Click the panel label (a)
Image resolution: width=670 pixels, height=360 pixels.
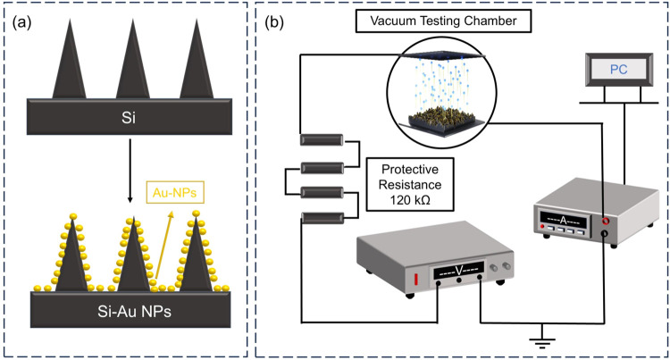pos(22,22)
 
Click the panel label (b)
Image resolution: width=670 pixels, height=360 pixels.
pos(274,22)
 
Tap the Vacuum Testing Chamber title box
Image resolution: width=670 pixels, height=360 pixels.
pos(443,21)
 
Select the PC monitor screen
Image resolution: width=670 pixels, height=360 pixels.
pos(618,69)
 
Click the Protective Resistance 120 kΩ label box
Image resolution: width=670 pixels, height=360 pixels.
pos(410,185)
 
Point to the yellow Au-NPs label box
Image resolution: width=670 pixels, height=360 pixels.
pos(175,193)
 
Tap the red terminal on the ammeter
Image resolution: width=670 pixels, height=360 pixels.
pos(605,221)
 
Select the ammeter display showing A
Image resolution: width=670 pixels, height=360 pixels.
pos(563,220)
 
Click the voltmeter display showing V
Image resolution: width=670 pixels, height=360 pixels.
pos(459,270)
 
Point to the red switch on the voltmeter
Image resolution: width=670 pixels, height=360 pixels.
pos(415,280)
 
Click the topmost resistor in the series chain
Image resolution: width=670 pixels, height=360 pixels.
pos(322,139)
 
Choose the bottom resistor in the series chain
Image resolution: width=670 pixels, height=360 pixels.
pos(322,218)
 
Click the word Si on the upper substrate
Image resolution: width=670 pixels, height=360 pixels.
pos(129,117)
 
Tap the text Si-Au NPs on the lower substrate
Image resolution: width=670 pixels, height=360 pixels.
pos(134,312)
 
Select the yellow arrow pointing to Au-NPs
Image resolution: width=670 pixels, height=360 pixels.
pos(164,246)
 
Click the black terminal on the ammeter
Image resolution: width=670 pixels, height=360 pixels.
pos(605,233)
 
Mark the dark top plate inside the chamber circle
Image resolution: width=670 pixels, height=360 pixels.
pos(441,56)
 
